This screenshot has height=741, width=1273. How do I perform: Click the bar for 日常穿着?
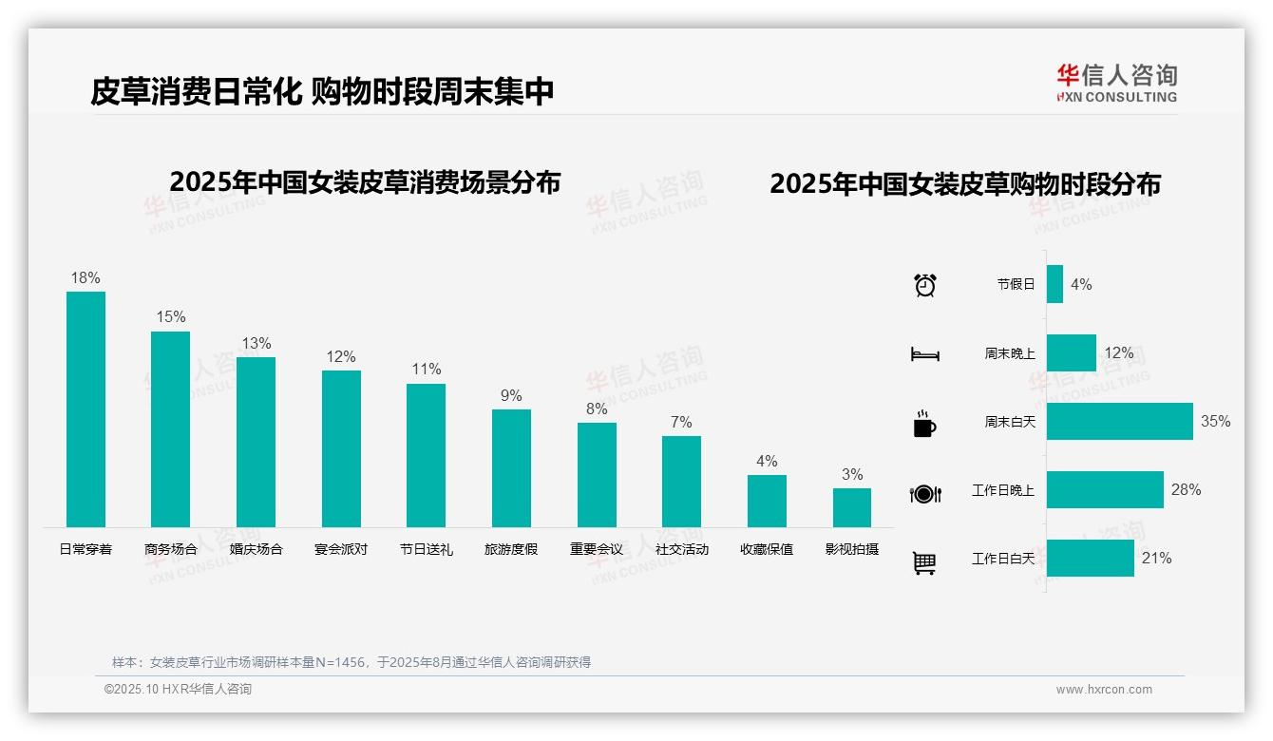click(x=85, y=409)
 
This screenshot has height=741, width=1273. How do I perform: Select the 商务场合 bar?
click(x=170, y=429)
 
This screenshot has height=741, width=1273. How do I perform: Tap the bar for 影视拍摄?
click(x=852, y=507)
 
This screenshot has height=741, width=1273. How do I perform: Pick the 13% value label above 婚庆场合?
click(x=256, y=344)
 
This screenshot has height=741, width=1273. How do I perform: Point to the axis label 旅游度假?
click(x=511, y=549)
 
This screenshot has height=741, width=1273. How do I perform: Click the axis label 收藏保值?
click(x=767, y=549)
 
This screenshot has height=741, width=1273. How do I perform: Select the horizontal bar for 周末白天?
click(x=1119, y=422)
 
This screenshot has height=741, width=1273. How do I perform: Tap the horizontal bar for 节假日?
click(x=1054, y=284)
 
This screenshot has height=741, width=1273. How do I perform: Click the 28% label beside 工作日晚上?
click(x=1186, y=490)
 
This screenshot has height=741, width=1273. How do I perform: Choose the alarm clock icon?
click(x=924, y=285)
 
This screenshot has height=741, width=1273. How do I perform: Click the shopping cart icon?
click(x=924, y=563)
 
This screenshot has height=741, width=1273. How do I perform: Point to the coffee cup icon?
click(x=924, y=424)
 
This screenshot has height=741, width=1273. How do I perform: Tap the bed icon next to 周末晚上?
click(x=924, y=354)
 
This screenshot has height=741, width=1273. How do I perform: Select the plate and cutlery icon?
click(x=924, y=494)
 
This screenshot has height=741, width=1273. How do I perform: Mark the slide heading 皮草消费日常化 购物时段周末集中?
click(x=322, y=92)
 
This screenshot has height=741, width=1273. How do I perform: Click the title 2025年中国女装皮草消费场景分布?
click(x=365, y=182)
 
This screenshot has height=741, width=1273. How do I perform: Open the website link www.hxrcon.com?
click(x=1104, y=690)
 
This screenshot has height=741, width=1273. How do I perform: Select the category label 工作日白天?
click(x=1002, y=559)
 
